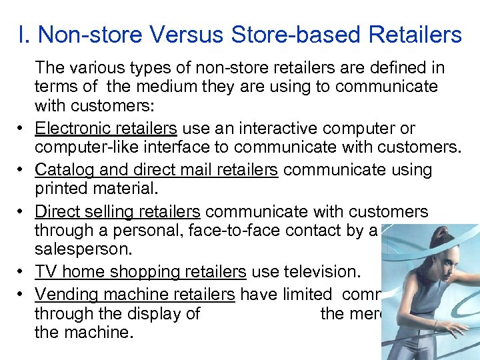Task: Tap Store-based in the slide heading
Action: pyautogui.click(x=318, y=35)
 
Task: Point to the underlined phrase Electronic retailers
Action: pyautogui.click(x=105, y=128)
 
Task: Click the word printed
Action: pyautogui.click(x=61, y=189)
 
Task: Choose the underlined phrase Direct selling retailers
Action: pyautogui.click(x=117, y=212)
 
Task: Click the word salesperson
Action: pyautogui.click(x=75, y=249)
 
